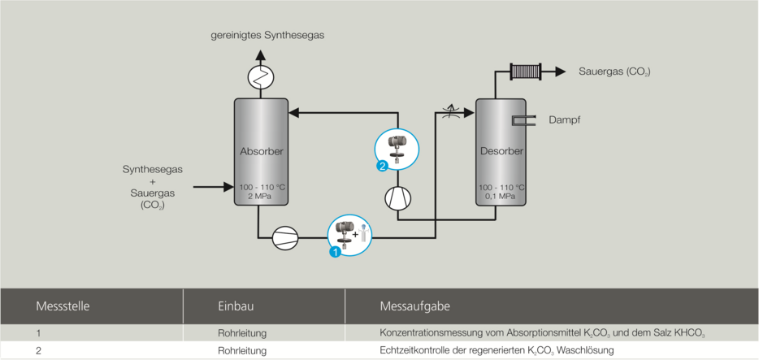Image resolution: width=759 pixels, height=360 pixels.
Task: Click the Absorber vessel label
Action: [x=261, y=151]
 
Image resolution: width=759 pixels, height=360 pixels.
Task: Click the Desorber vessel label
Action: [x=501, y=151]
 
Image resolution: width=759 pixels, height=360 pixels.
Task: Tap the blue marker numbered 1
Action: [x=334, y=253]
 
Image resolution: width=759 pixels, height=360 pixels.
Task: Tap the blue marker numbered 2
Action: [x=382, y=167]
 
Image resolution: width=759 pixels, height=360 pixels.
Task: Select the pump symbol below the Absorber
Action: [x=285, y=237]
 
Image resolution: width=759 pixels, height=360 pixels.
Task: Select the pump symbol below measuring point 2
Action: [x=397, y=197]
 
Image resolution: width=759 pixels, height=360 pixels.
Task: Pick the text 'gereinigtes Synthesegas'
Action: [x=262, y=36]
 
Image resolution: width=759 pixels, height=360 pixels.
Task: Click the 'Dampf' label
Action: [x=565, y=120]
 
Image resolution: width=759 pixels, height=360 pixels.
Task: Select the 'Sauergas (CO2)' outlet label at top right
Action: [x=614, y=72]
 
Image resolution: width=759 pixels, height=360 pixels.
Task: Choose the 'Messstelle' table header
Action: [x=63, y=306]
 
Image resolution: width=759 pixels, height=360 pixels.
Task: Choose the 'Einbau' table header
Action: [x=236, y=306]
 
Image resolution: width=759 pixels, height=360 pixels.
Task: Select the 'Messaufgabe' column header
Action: [x=414, y=306]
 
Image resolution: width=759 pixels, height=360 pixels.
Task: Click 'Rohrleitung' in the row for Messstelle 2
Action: [x=242, y=350]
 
